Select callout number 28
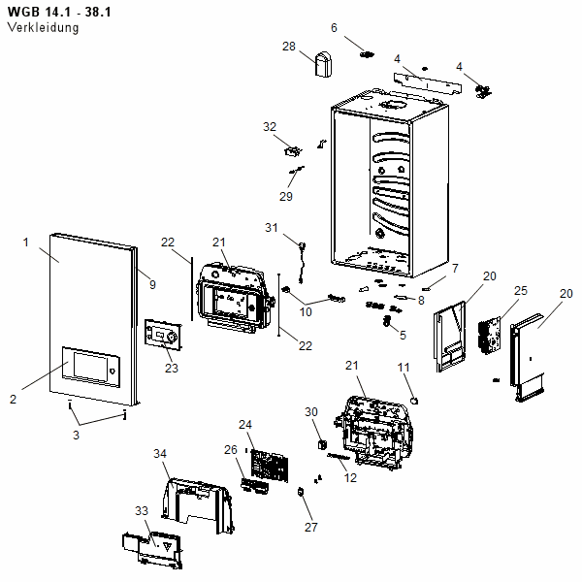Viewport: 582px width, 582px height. tap(289, 47)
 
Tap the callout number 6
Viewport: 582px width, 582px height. tap(334, 28)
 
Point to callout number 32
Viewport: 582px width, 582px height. tap(270, 127)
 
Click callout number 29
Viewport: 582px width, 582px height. tap(286, 197)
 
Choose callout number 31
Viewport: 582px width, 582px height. tap(272, 227)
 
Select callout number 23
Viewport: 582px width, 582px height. tap(172, 368)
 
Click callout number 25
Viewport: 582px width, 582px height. tap(520, 290)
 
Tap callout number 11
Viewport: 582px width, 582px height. tap(405, 367)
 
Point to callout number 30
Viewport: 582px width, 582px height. tap(311, 412)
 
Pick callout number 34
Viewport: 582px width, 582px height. tap(161, 453)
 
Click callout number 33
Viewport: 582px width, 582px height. tap(142, 510)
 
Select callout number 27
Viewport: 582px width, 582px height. tap(311, 528)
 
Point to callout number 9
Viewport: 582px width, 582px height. tap(151, 283)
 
